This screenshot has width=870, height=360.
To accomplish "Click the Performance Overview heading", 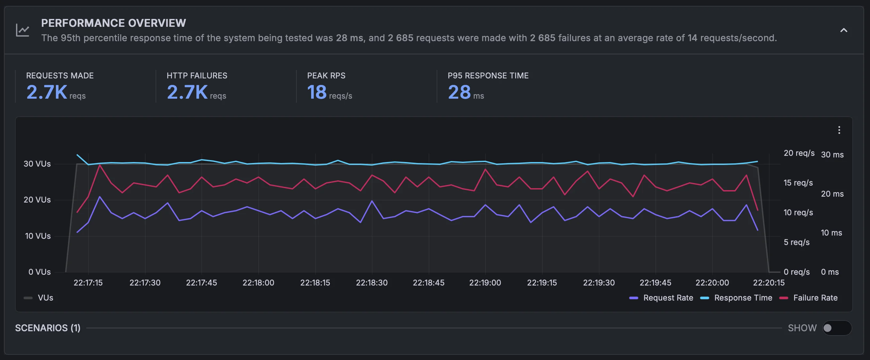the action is coord(113,23).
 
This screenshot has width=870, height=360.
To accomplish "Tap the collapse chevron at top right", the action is coord(844,30).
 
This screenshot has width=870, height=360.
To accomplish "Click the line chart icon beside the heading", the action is coord(23,30).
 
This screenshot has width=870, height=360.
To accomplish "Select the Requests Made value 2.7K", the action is coord(47,92).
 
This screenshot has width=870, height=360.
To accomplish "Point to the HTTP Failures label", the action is coord(197,76).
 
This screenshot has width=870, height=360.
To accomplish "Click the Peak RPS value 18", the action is coord(317,92).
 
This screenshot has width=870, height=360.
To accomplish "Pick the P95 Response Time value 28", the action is coord(459,92).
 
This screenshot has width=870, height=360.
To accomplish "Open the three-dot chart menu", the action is coord(839,130).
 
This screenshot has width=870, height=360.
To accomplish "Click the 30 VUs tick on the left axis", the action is coord(37,164).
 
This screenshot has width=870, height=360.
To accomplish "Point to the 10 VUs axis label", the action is coord(38,236).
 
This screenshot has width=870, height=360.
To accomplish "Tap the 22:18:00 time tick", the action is coord(259,283).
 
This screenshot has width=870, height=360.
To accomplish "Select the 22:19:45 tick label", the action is coord(656,283).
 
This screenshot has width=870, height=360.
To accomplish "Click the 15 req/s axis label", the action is coord(798,183).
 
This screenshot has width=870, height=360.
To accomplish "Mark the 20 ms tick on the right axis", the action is coord(832,194).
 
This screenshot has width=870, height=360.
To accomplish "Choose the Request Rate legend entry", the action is coord(661,298).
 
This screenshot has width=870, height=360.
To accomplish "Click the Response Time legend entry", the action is coord(736,298).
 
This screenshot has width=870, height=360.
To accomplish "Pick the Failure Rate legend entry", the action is coord(809,298).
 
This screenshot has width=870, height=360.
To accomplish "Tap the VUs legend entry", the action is coord(39,298).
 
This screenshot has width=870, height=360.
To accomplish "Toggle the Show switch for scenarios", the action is coord(837,328).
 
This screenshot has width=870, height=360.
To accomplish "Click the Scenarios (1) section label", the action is coord(48,328).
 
